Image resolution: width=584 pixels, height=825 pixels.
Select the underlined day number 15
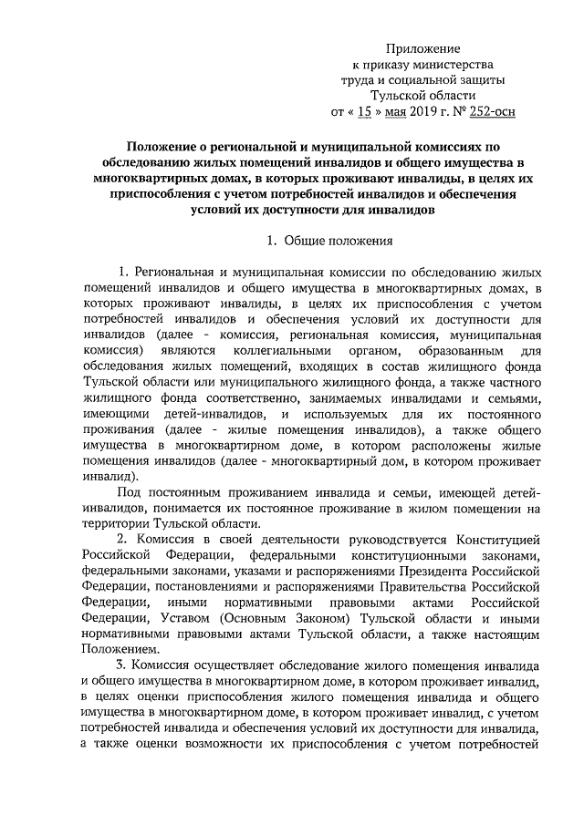[x=363, y=113]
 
